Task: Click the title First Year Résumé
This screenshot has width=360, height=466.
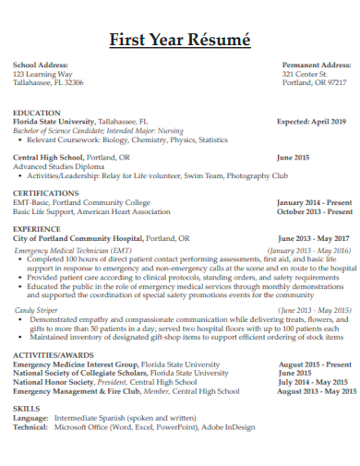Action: [x=179, y=40]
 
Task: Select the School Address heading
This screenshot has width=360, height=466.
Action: [x=40, y=66]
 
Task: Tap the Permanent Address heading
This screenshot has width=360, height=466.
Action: [x=316, y=66]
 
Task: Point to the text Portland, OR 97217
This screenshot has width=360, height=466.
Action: [x=315, y=82]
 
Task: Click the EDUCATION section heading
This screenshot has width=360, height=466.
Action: [x=37, y=113]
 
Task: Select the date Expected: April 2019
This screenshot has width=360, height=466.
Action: [x=312, y=121]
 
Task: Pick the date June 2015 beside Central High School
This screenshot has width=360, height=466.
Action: [x=293, y=158]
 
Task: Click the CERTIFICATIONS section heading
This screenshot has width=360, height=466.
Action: [x=45, y=194]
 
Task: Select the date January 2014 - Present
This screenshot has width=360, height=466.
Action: [x=314, y=202]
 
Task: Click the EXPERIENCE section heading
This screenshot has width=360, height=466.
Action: [x=37, y=228]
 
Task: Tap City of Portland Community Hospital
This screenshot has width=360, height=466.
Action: [x=78, y=237]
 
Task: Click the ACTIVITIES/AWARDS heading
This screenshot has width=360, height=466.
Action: [x=54, y=355]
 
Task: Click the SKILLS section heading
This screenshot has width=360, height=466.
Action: [x=26, y=408]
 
